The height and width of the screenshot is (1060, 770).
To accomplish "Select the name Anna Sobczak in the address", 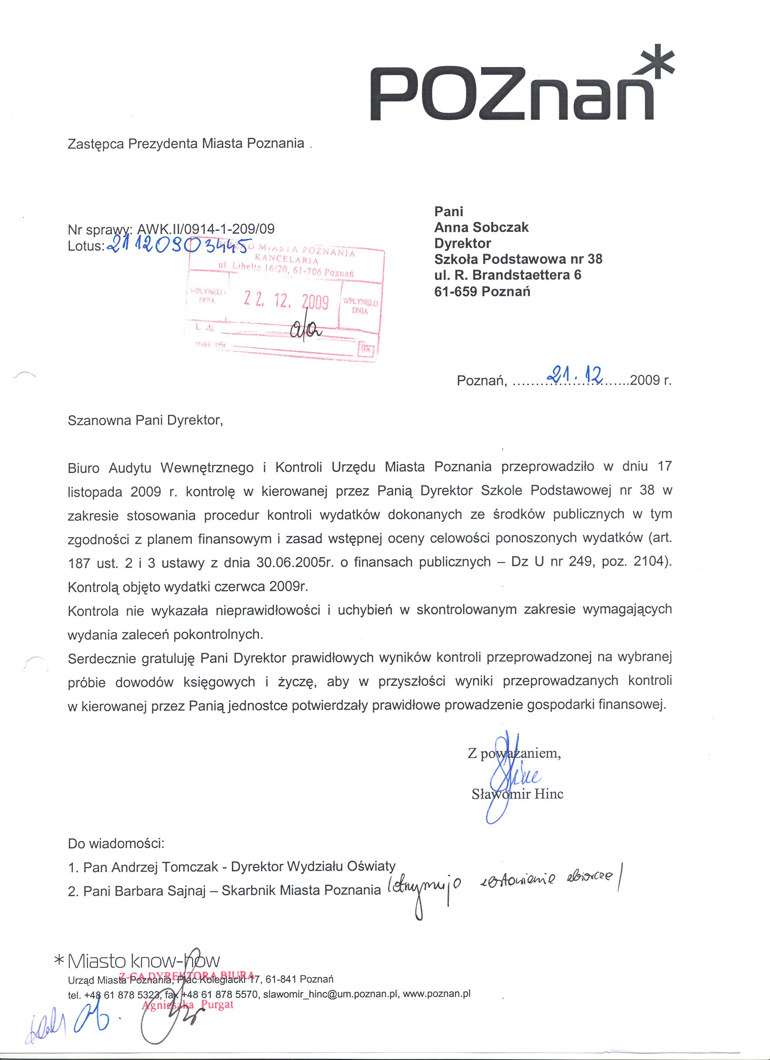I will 481,227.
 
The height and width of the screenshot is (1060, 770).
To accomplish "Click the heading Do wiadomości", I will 116,843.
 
